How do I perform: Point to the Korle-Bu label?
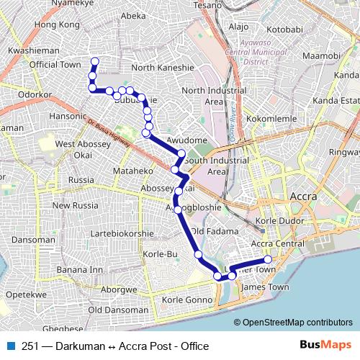(x=161, y=255)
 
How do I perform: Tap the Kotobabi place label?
(x=286, y=30)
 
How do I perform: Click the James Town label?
(x=266, y=287)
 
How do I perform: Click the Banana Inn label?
(x=81, y=270)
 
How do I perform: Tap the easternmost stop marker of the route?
(x=268, y=259)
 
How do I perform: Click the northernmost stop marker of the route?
(x=94, y=60)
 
